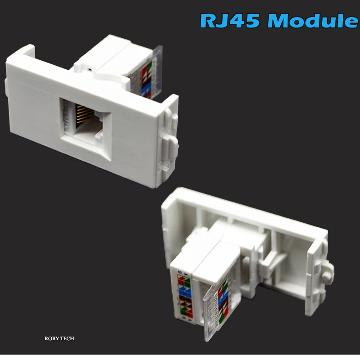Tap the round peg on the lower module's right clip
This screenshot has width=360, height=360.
(x=328, y=271)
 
